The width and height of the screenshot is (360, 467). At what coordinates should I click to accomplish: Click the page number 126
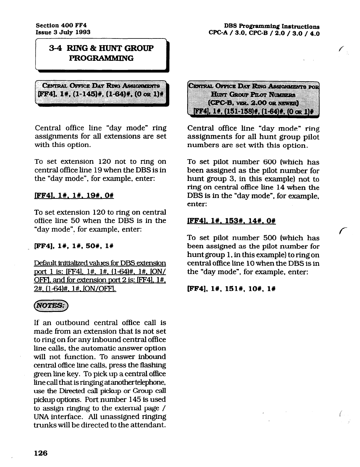pyautogui.click(x=41, y=453)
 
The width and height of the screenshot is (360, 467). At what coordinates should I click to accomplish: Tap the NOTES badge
pyautogui.click(x=51, y=306)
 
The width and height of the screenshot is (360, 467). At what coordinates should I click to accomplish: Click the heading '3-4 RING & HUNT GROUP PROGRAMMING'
pyautogui.click(x=101, y=53)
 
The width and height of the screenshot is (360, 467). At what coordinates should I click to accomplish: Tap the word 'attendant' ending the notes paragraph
pyautogui.click(x=150, y=425)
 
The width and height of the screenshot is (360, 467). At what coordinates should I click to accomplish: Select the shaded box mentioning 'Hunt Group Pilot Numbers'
pyautogui.click(x=254, y=99)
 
